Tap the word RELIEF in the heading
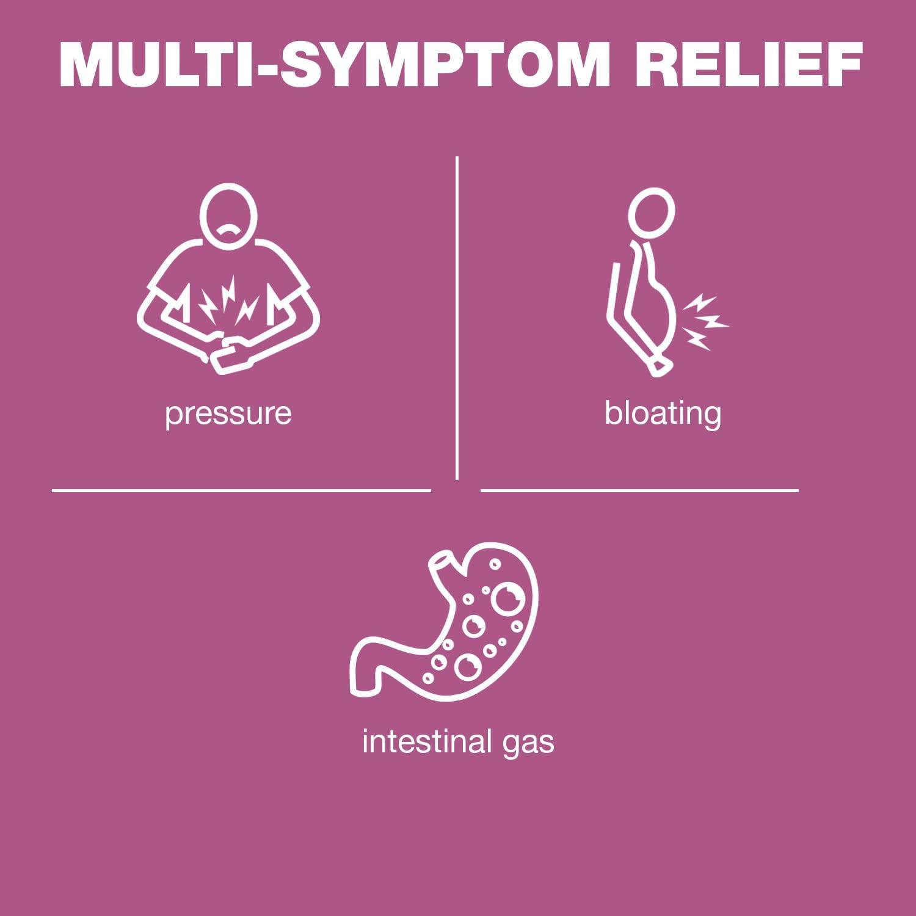pos(749,66)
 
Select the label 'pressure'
pos(228,413)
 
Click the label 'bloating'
pos(663,413)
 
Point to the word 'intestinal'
pos(427,742)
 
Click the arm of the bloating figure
pos(623,318)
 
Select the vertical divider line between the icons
pos(457,318)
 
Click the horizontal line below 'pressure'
pos(241,490)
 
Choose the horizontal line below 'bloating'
pos(639,490)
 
